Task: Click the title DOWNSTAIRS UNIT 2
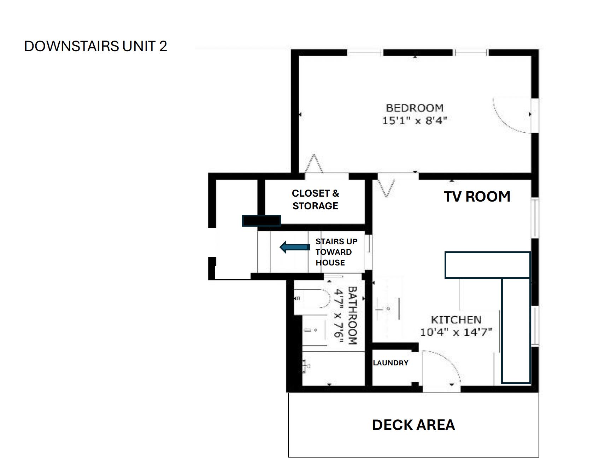[95, 46]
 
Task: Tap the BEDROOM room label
[415, 108]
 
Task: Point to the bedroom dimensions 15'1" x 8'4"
[415, 120]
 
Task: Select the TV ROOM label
[477, 197]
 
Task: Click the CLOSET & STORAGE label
[315, 199]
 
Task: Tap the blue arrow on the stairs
[295, 247]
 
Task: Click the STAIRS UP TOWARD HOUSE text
[336, 252]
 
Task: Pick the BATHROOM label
[353, 315]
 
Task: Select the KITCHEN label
[456, 320]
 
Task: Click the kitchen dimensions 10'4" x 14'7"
[456, 332]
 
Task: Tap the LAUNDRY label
[390, 363]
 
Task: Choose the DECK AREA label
[413, 425]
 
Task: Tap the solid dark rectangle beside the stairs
[262, 221]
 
